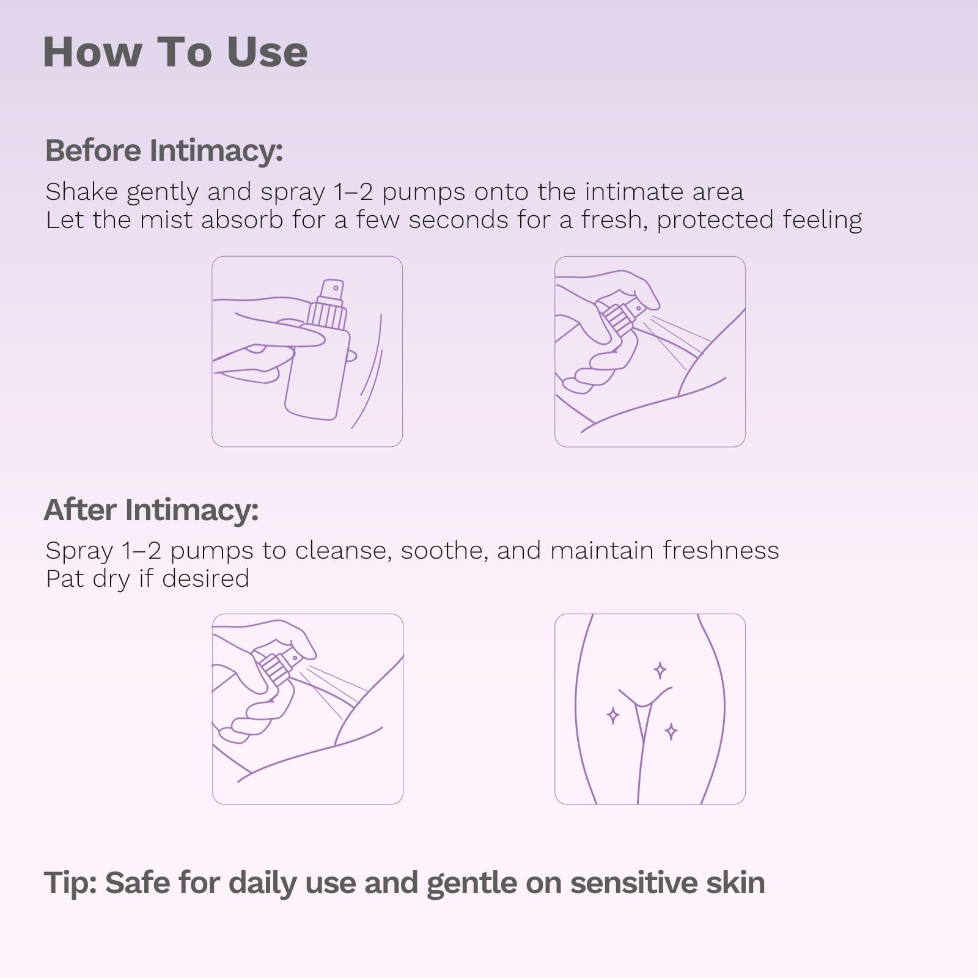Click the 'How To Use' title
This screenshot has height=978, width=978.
175,52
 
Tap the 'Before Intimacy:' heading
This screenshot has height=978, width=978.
164,150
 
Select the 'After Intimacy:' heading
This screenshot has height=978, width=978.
152,510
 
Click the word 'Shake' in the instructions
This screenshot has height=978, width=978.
81,191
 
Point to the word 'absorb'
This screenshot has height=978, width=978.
242,219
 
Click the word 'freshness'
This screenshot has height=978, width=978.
721,550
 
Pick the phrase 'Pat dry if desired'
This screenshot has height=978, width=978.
147,578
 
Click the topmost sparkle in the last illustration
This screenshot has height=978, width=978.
660,671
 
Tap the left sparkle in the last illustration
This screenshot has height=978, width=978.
612,715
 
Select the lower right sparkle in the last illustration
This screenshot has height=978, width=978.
671,731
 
